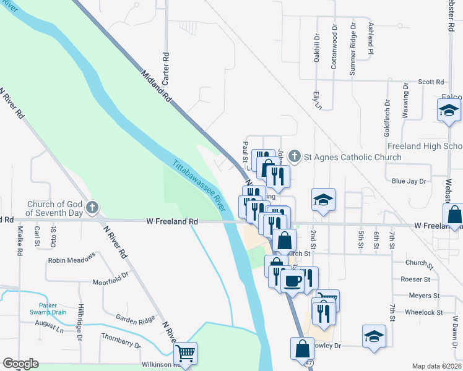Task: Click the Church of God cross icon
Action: tap(92, 207)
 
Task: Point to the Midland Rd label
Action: tap(155, 86)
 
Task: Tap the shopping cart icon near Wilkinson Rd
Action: tap(186, 354)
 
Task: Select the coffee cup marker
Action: tap(292, 279)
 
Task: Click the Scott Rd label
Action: tap(431, 82)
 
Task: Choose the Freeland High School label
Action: tap(425, 147)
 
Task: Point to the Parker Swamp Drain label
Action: tap(52, 309)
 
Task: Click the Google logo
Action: tap(21, 363)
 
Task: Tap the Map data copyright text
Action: tap(436, 366)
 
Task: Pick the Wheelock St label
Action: tap(423, 312)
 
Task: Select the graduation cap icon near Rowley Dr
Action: tap(373, 336)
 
